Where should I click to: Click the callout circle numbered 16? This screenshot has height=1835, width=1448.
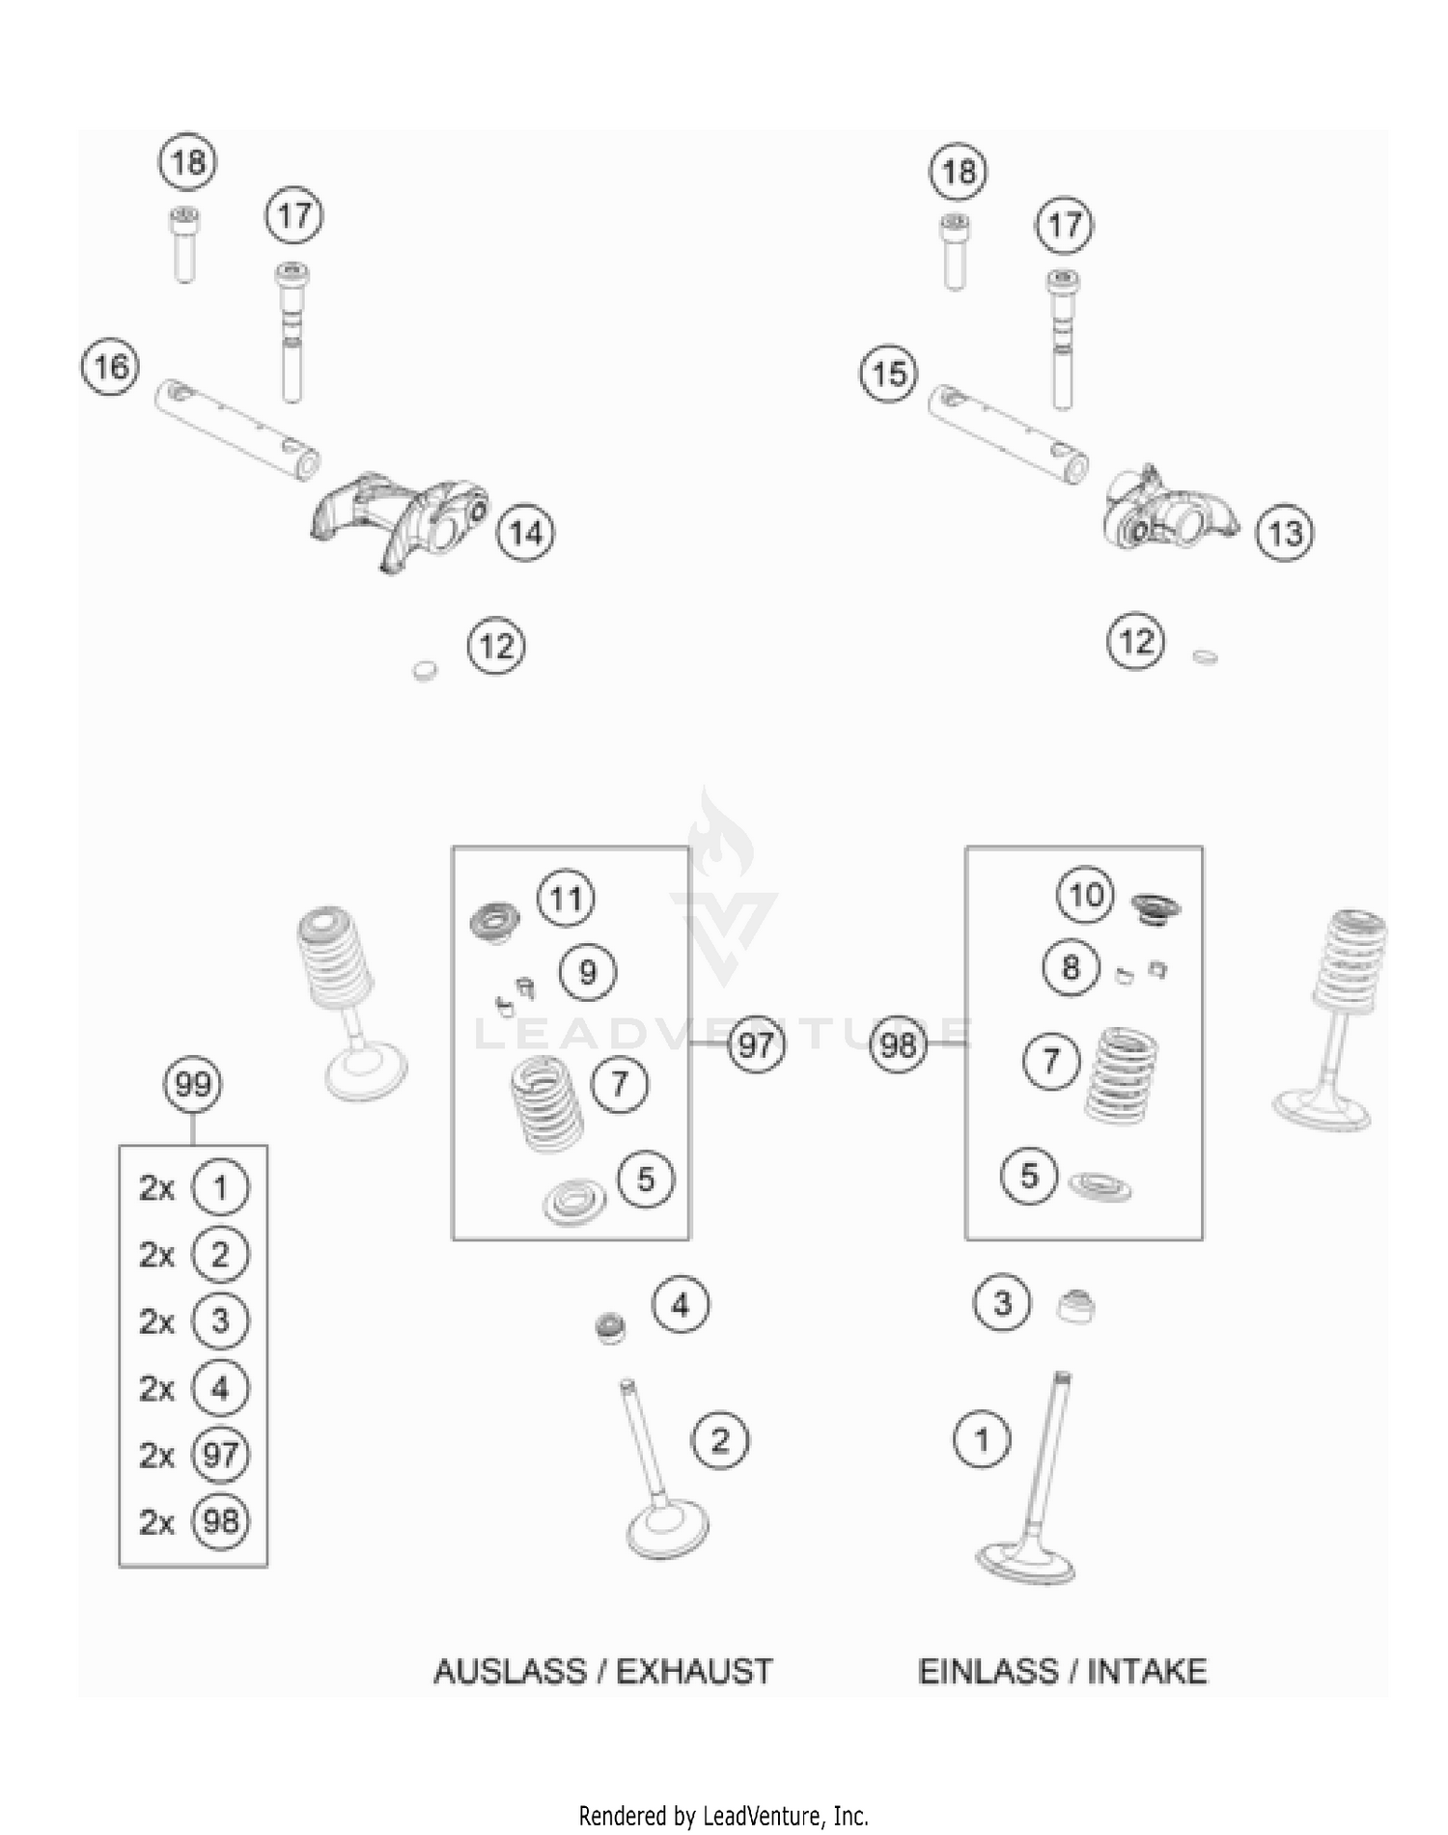[110, 367]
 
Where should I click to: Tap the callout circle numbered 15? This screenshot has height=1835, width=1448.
[889, 374]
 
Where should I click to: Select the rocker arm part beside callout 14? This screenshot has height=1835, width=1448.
[396, 518]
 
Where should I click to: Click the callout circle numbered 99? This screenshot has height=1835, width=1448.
[193, 1084]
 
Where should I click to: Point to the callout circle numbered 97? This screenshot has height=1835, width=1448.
[756, 1044]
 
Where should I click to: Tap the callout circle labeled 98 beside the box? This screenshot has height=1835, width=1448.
[898, 1044]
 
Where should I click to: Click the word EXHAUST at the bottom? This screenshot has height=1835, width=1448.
[694, 1672]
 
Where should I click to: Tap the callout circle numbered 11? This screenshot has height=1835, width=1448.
[566, 899]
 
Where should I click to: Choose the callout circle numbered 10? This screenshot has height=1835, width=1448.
[1086, 895]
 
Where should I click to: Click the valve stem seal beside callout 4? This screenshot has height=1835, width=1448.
[610, 1328]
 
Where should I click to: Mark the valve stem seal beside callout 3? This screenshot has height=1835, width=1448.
[1074, 1306]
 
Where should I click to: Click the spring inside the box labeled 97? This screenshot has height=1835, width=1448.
[546, 1102]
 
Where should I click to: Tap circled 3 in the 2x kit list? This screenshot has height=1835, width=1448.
[220, 1321]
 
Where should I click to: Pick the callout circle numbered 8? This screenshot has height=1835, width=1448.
[1071, 967]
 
